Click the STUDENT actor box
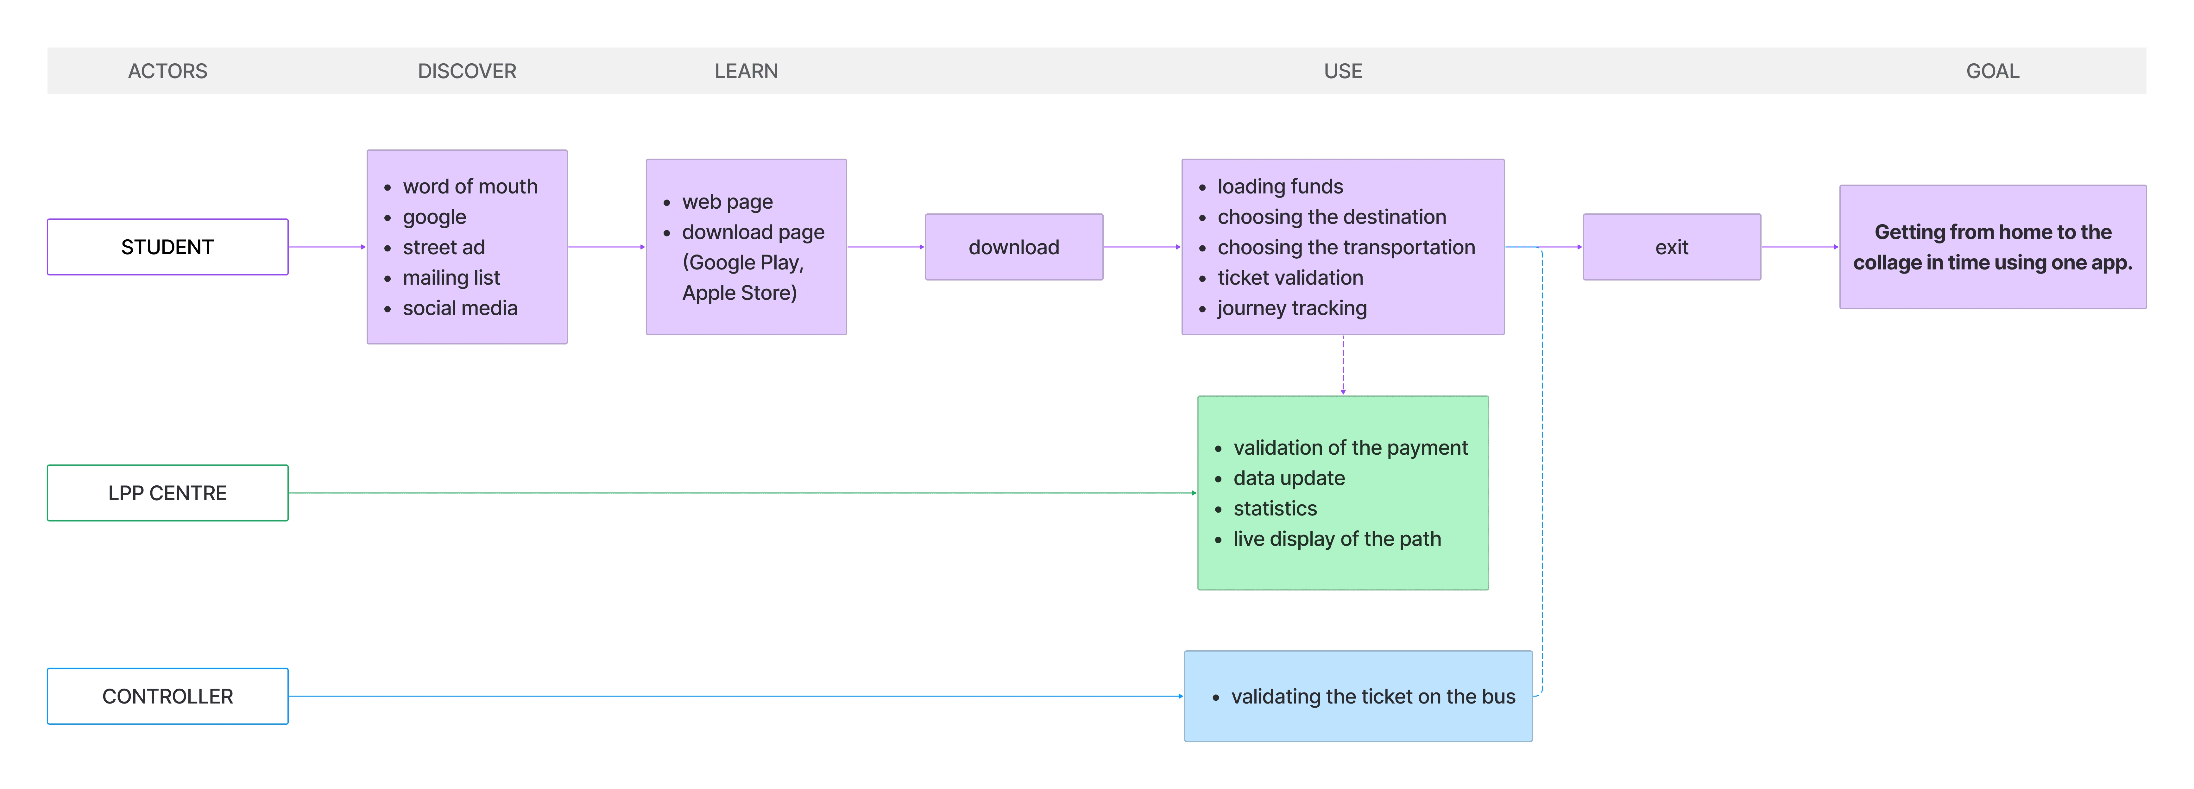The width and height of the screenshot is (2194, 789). tap(168, 247)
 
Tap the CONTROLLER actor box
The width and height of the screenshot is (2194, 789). tap(168, 696)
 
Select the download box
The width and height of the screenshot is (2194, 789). tap(1013, 247)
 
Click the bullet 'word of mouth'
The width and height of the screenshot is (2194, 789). tap(470, 186)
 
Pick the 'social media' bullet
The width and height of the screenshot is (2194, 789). tap(460, 308)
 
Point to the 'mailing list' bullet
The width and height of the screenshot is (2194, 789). tap(451, 278)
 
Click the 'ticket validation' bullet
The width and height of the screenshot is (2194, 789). tap(1290, 278)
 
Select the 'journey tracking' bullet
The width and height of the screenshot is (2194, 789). tap(1292, 308)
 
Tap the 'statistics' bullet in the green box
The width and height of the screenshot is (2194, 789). tap(1275, 509)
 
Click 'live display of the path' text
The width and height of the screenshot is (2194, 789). tap(1337, 539)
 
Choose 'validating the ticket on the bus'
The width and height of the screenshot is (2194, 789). tap(1373, 697)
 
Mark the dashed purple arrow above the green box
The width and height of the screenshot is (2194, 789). tap(1343, 365)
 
